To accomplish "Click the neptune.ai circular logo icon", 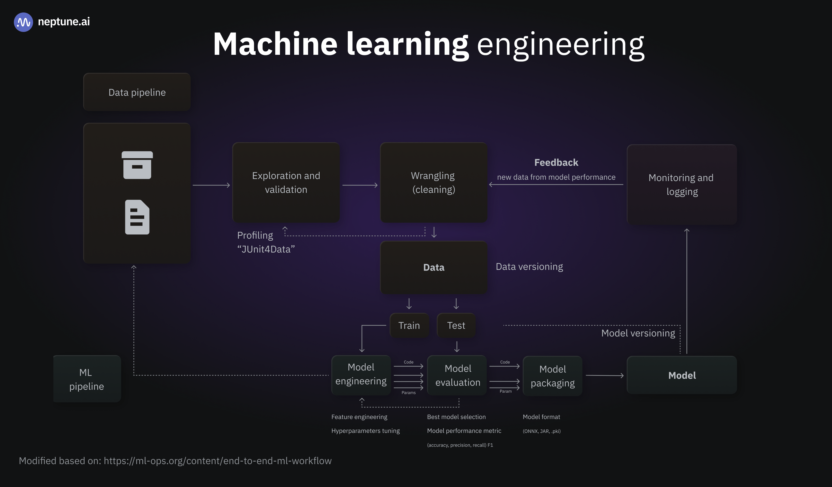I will point(23,22).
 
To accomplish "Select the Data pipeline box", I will point(137,92).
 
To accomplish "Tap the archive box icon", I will point(137,165).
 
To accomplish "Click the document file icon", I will point(137,217).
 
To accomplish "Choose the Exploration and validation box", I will point(286,182).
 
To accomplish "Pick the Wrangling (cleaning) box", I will point(434,182).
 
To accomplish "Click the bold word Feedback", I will point(556,163).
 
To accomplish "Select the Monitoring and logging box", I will point(682,184).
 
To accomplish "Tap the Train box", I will point(409,325).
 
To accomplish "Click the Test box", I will point(456,325).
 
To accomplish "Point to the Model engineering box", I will point(361,375).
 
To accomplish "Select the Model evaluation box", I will point(457,375).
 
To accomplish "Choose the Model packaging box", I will point(552,376).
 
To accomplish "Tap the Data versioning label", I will point(529,267).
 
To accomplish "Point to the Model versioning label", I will point(638,333).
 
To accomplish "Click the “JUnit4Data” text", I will point(266,249).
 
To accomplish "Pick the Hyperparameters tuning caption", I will point(365,431).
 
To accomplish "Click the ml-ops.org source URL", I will point(217,461).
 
